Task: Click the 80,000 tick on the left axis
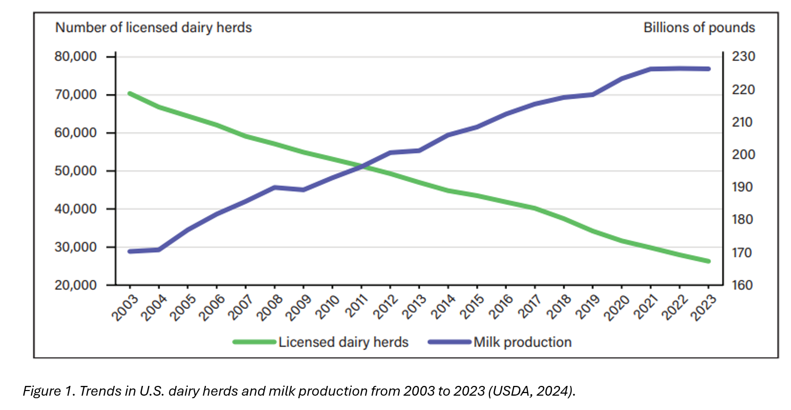click(x=76, y=57)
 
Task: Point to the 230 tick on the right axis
click(x=743, y=56)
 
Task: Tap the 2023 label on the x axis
click(x=704, y=307)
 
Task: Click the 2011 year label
click(x=357, y=307)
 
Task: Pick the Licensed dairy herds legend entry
click(x=343, y=342)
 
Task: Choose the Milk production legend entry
click(x=522, y=342)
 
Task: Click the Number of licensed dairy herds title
click(x=154, y=28)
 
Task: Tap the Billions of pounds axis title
click(x=699, y=28)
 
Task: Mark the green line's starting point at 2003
click(x=130, y=94)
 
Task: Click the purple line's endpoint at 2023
click(x=709, y=69)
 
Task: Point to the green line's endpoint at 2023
click(x=709, y=261)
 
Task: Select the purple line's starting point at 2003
click(x=130, y=252)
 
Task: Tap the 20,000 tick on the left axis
click(x=76, y=285)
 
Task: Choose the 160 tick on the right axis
click(x=743, y=285)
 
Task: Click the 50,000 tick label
click(x=76, y=171)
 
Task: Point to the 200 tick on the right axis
click(x=743, y=154)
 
